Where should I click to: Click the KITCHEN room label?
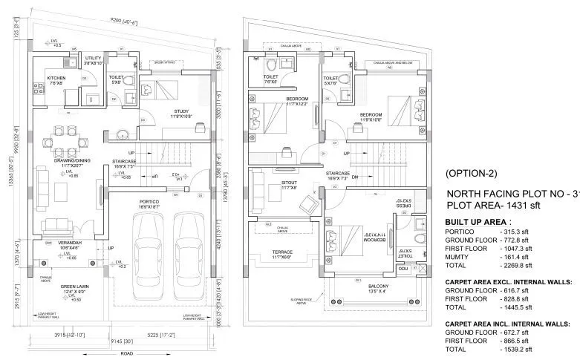click(x=57, y=77)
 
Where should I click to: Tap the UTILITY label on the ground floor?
click(x=93, y=57)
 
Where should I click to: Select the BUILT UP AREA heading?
click(x=476, y=222)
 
